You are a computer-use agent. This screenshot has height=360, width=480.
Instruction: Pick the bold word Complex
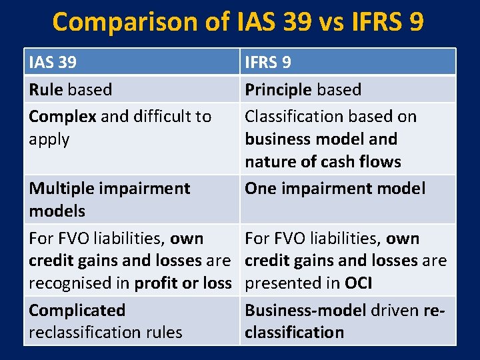(62, 117)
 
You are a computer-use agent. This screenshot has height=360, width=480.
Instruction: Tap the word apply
(49, 140)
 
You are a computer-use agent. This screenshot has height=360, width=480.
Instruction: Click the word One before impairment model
(261, 189)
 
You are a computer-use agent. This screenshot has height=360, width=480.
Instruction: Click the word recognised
(69, 283)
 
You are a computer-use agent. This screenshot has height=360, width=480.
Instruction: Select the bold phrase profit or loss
(183, 283)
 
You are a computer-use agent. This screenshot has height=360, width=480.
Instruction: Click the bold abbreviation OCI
(358, 283)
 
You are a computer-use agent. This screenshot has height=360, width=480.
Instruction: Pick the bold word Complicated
(77, 311)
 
